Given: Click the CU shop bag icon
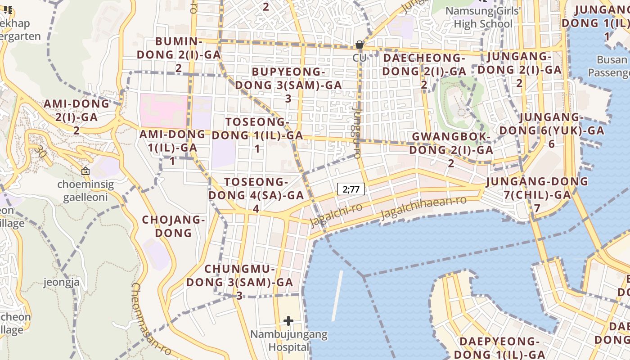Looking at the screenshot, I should pyautogui.click(x=359, y=45).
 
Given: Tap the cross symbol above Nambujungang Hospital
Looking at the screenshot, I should pyautogui.click(x=288, y=321).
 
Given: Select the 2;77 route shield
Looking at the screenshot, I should pyautogui.click(x=351, y=189).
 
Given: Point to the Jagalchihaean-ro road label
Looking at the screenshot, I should pyautogui.click(x=423, y=207).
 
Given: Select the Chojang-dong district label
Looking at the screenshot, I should pyautogui.click(x=174, y=226).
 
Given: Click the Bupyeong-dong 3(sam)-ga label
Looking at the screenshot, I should pyautogui.click(x=288, y=85).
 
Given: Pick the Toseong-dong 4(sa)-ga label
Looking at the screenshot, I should pyautogui.click(x=256, y=195).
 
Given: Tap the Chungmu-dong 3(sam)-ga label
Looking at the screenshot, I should pyautogui.click(x=239, y=282).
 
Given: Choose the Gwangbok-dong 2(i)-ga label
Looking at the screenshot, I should pyautogui.click(x=451, y=149).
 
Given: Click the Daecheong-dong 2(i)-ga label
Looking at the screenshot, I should pyautogui.click(x=424, y=71).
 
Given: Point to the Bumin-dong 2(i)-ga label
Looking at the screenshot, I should pyautogui.click(x=179, y=54).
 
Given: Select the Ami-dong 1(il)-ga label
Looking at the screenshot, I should pyautogui.click(x=172, y=147).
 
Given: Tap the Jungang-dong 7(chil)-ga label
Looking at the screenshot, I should pyautogui.click(x=537, y=194).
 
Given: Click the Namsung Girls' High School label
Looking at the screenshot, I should pyautogui.click(x=482, y=17).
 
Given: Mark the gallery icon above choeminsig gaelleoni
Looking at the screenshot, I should pyautogui.click(x=85, y=171).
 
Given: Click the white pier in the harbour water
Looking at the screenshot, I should pyautogui.click(x=337, y=296).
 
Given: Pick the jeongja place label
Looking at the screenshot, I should pyautogui.click(x=62, y=283).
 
